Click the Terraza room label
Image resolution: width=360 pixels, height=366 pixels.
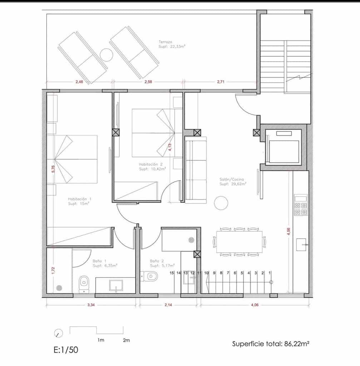(x=166, y=42)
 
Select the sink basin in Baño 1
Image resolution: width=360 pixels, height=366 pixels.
(x=115, y=285)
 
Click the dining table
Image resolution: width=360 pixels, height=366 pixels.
(x=239, y=242)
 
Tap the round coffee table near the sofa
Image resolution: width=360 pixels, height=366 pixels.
(x=221, y=203)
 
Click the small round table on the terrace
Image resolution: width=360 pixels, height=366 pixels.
(x=106, y=54)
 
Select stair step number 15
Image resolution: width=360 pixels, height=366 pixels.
(x=172, y=273)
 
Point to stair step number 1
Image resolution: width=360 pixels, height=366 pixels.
(x=270, y=273)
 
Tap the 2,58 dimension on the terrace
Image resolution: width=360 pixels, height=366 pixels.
(x=148, y=82)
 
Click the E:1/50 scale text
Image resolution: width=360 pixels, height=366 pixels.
(x=66, y=350)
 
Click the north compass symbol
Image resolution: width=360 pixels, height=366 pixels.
(x=58, y=333)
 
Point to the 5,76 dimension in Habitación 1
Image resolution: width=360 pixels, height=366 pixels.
(x=53, y=169)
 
